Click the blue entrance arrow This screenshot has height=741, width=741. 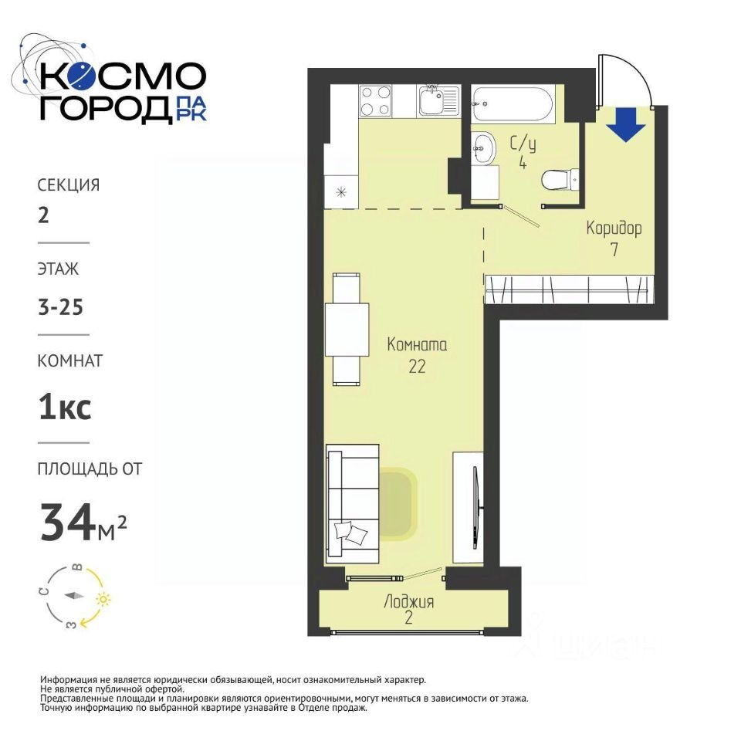point(626,124)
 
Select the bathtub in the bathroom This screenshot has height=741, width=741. point(513,104)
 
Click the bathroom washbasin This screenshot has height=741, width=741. point(483,148)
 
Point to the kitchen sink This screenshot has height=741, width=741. point(438,100)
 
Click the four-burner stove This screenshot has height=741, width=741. point(376,100)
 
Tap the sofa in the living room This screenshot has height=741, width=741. point(353,504)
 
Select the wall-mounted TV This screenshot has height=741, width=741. point(477,508)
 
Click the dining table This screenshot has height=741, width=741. point(347,329)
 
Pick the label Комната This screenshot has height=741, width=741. point(417,344)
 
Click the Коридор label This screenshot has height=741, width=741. point(614,228)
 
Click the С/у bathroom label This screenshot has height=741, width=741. point(523,144)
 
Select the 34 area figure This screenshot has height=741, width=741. point(66,522)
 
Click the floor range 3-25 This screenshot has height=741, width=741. point(60,307)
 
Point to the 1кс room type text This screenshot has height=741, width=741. point(65,408)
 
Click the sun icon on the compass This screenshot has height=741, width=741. point(103,599)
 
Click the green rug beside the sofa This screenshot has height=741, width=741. point(396,504)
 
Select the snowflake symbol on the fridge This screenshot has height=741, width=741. point(341,192)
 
